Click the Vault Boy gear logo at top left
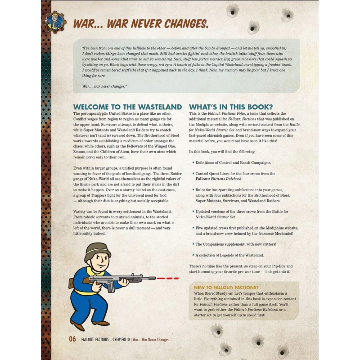click(56, 22)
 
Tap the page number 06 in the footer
click(72, 339)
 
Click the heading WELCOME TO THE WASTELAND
click(127, 107)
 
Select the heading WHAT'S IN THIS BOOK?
click(231, 107)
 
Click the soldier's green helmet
click(97, 249)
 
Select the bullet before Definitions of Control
click(193, 162)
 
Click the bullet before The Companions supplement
click(193, 244)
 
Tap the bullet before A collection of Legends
click(193, 255)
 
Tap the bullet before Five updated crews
click(193, 228)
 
